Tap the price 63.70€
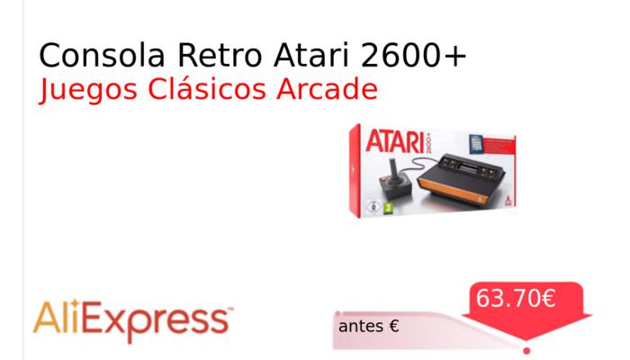pos(516,298)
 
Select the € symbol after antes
pos(394,326)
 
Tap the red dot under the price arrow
pos(526,350)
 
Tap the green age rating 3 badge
pos(389,207)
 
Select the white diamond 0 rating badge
pos(373,207)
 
